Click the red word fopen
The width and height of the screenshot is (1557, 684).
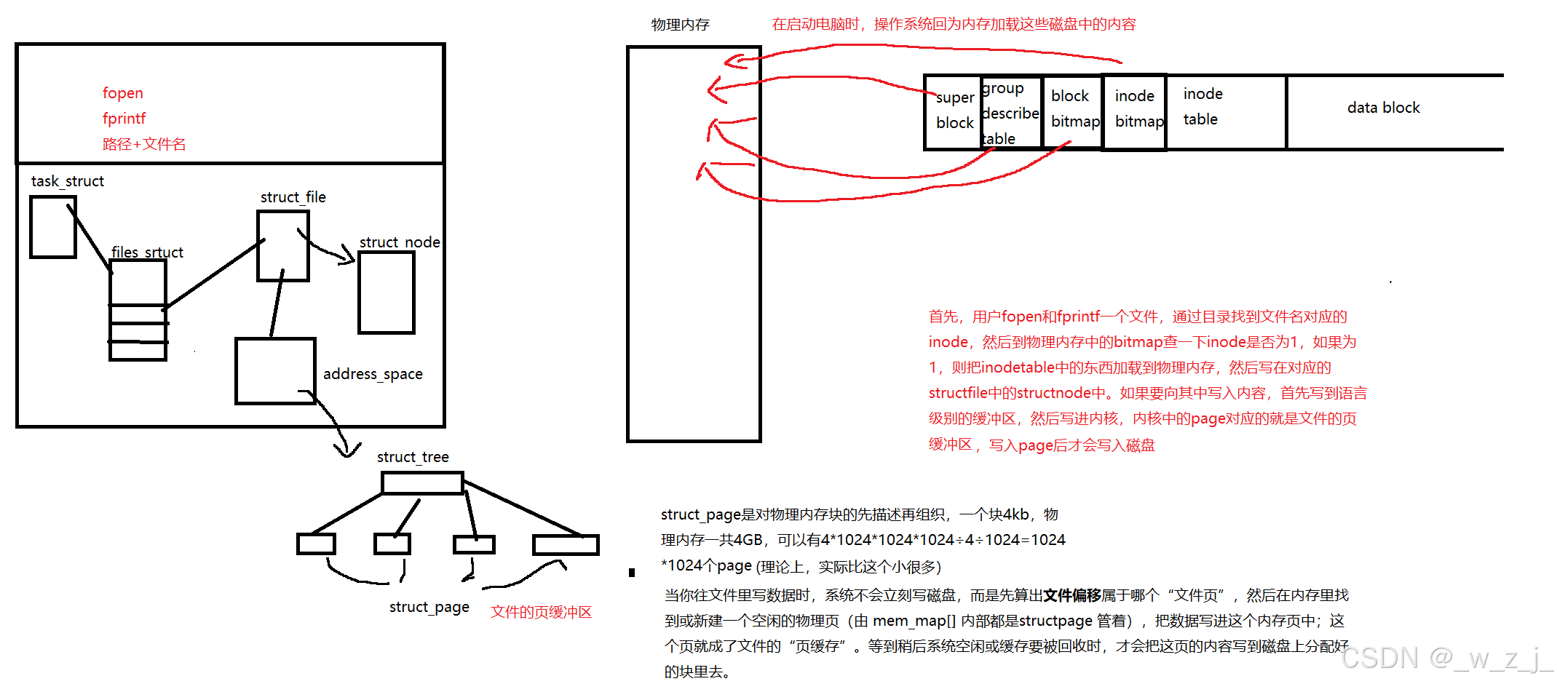122,93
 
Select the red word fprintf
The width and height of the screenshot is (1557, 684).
124,119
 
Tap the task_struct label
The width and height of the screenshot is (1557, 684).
67,181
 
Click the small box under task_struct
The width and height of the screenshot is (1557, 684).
52,227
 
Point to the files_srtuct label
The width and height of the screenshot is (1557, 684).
147,252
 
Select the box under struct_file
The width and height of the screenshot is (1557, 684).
283,246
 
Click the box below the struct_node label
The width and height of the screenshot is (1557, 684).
387,293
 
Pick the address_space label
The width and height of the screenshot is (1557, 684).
373,374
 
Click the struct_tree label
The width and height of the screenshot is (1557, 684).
413,457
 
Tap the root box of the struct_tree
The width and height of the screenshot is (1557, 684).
422,483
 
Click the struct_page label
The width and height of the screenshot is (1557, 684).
429,607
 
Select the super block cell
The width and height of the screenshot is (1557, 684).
954,111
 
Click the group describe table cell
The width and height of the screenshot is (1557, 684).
1010,114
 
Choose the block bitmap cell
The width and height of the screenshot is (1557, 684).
1072,109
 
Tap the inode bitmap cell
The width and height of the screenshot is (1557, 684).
1136,109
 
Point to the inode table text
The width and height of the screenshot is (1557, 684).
1203,106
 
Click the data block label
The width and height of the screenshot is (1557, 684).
1383,108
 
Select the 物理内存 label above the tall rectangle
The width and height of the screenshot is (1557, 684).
680,25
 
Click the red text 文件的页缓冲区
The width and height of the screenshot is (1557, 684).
541,612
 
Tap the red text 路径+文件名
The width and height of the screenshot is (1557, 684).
143,144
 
